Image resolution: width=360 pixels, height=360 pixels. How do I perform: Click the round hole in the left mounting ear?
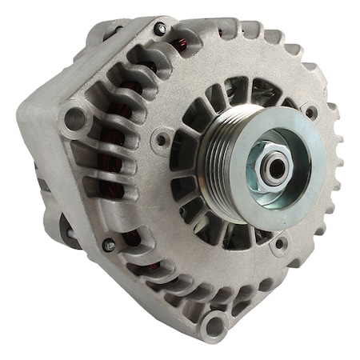coord(74,120)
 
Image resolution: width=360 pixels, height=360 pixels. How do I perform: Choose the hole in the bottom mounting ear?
coord(212,325)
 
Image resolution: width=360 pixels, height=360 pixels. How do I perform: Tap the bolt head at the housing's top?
coord(161,30)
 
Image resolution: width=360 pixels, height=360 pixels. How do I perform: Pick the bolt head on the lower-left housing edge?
coord(109,245)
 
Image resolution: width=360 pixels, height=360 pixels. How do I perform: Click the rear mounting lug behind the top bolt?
coord(104,32)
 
